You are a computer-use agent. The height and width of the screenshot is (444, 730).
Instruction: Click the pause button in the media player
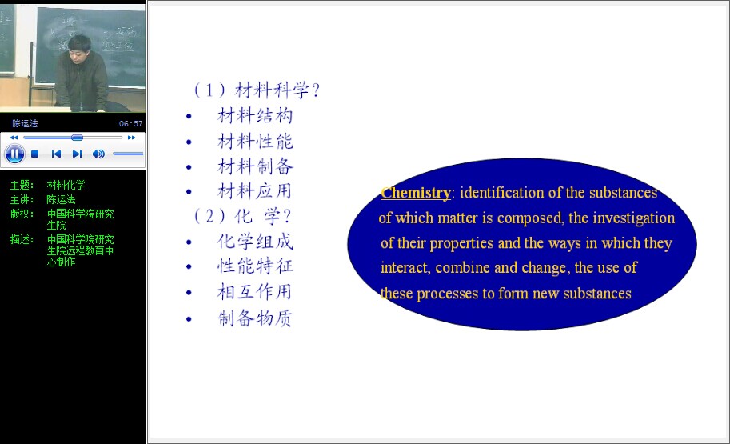coord(14,154)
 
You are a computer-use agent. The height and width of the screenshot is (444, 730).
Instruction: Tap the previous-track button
coord(56,154)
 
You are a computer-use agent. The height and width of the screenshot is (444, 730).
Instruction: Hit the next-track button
coord(78,154)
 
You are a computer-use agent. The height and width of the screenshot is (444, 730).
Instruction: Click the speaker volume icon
coord(98,154)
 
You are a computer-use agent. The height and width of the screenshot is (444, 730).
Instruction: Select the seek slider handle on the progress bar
coord(78,138)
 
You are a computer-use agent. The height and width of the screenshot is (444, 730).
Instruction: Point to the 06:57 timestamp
coord(130,123)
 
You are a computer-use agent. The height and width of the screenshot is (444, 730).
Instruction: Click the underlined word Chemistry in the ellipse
coord(415,193)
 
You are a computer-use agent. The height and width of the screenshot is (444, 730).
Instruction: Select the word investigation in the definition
coord(633,218)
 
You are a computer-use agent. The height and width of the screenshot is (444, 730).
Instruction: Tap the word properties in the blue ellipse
coord(461,243)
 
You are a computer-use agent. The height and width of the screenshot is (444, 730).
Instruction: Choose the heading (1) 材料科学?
coord(257,90)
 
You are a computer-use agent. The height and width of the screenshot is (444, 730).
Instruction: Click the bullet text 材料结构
coord(255,115)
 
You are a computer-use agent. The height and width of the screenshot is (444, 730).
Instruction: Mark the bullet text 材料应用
coord(255,191)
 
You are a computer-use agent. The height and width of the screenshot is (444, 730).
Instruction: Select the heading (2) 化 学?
coord(242,216)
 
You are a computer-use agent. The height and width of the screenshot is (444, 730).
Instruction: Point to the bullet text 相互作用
coord(255,292)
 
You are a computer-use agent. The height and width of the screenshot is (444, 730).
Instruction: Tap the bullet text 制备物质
coord(255,318)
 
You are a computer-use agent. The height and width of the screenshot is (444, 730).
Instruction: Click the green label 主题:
coord(22,185)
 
